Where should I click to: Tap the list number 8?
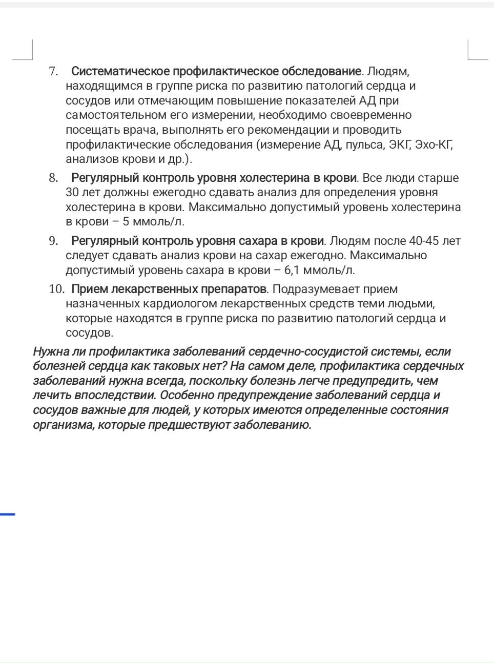click(x=53, y=178)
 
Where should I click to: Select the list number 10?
click(x=56, y=289)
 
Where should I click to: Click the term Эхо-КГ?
click(x=434, y=144)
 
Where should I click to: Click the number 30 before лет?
click(x=73, y=193)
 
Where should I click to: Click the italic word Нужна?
click(x=50, y=351)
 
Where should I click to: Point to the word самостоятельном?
click(x=114, y=115)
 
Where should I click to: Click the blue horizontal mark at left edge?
click(x=7, y=514)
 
